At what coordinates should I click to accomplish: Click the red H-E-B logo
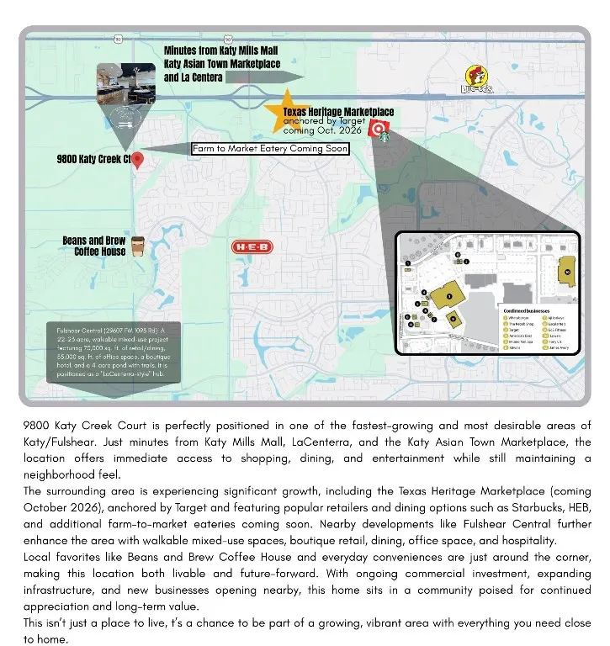click(252, 247)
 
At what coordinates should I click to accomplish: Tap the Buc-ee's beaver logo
click(477, 80)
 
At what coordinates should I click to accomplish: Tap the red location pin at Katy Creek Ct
click(138, 161)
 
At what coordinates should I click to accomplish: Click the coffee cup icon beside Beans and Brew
click(137, 246)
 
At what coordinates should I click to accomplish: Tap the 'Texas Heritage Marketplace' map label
click(338, 112)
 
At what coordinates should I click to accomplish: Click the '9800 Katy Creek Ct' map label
click(93, 159)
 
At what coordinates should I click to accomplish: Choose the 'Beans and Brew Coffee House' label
click(94, 246)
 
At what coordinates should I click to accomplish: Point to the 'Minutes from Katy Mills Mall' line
click(220, 50)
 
